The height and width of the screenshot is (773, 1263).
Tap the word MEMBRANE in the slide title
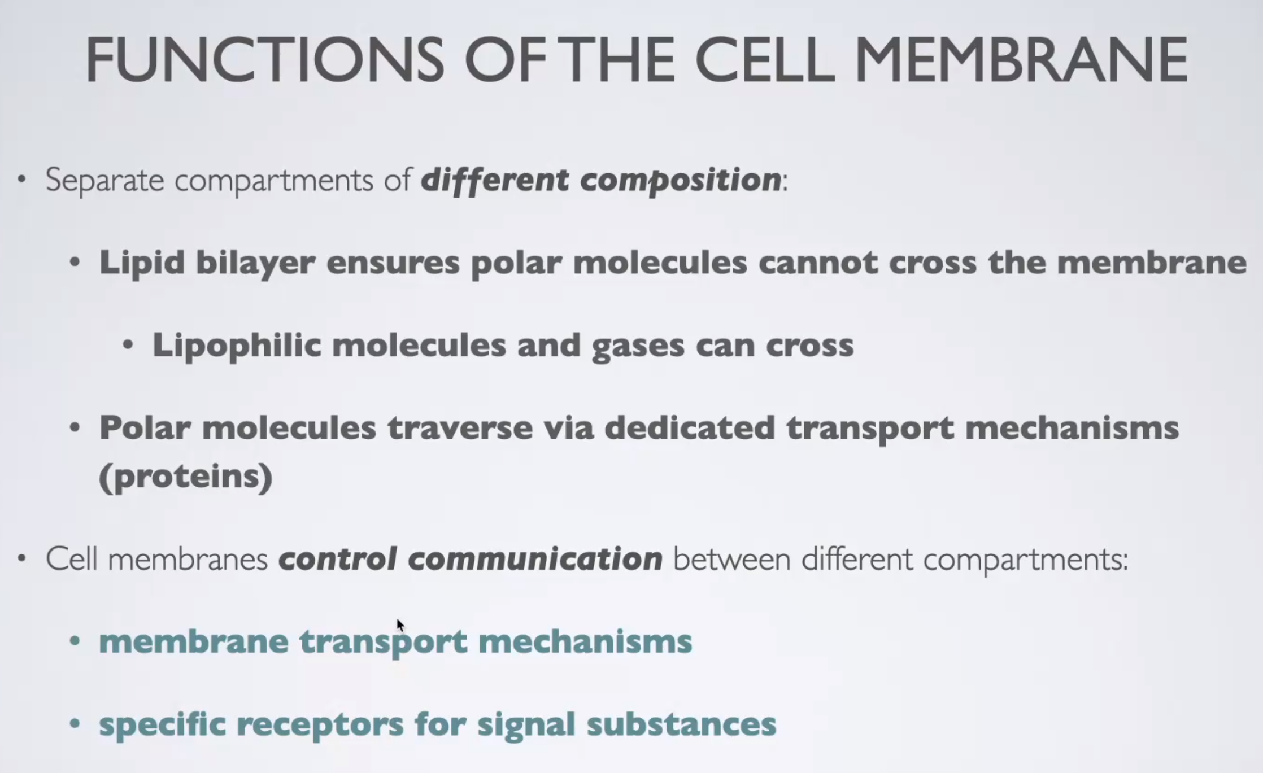[1022, 59]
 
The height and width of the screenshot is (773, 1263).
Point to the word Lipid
[142, 263]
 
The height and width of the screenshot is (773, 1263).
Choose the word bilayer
[255, 263]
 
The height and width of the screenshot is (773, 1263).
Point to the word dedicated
[690, 427]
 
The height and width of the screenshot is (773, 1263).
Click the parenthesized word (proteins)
[186, 477]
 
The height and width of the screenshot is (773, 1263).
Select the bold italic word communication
[535, 559]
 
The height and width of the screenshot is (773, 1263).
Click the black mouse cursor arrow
[400, 626]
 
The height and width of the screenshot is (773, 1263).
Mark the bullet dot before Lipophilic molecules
[128, 345]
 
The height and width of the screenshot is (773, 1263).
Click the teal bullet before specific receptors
[75, 724]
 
